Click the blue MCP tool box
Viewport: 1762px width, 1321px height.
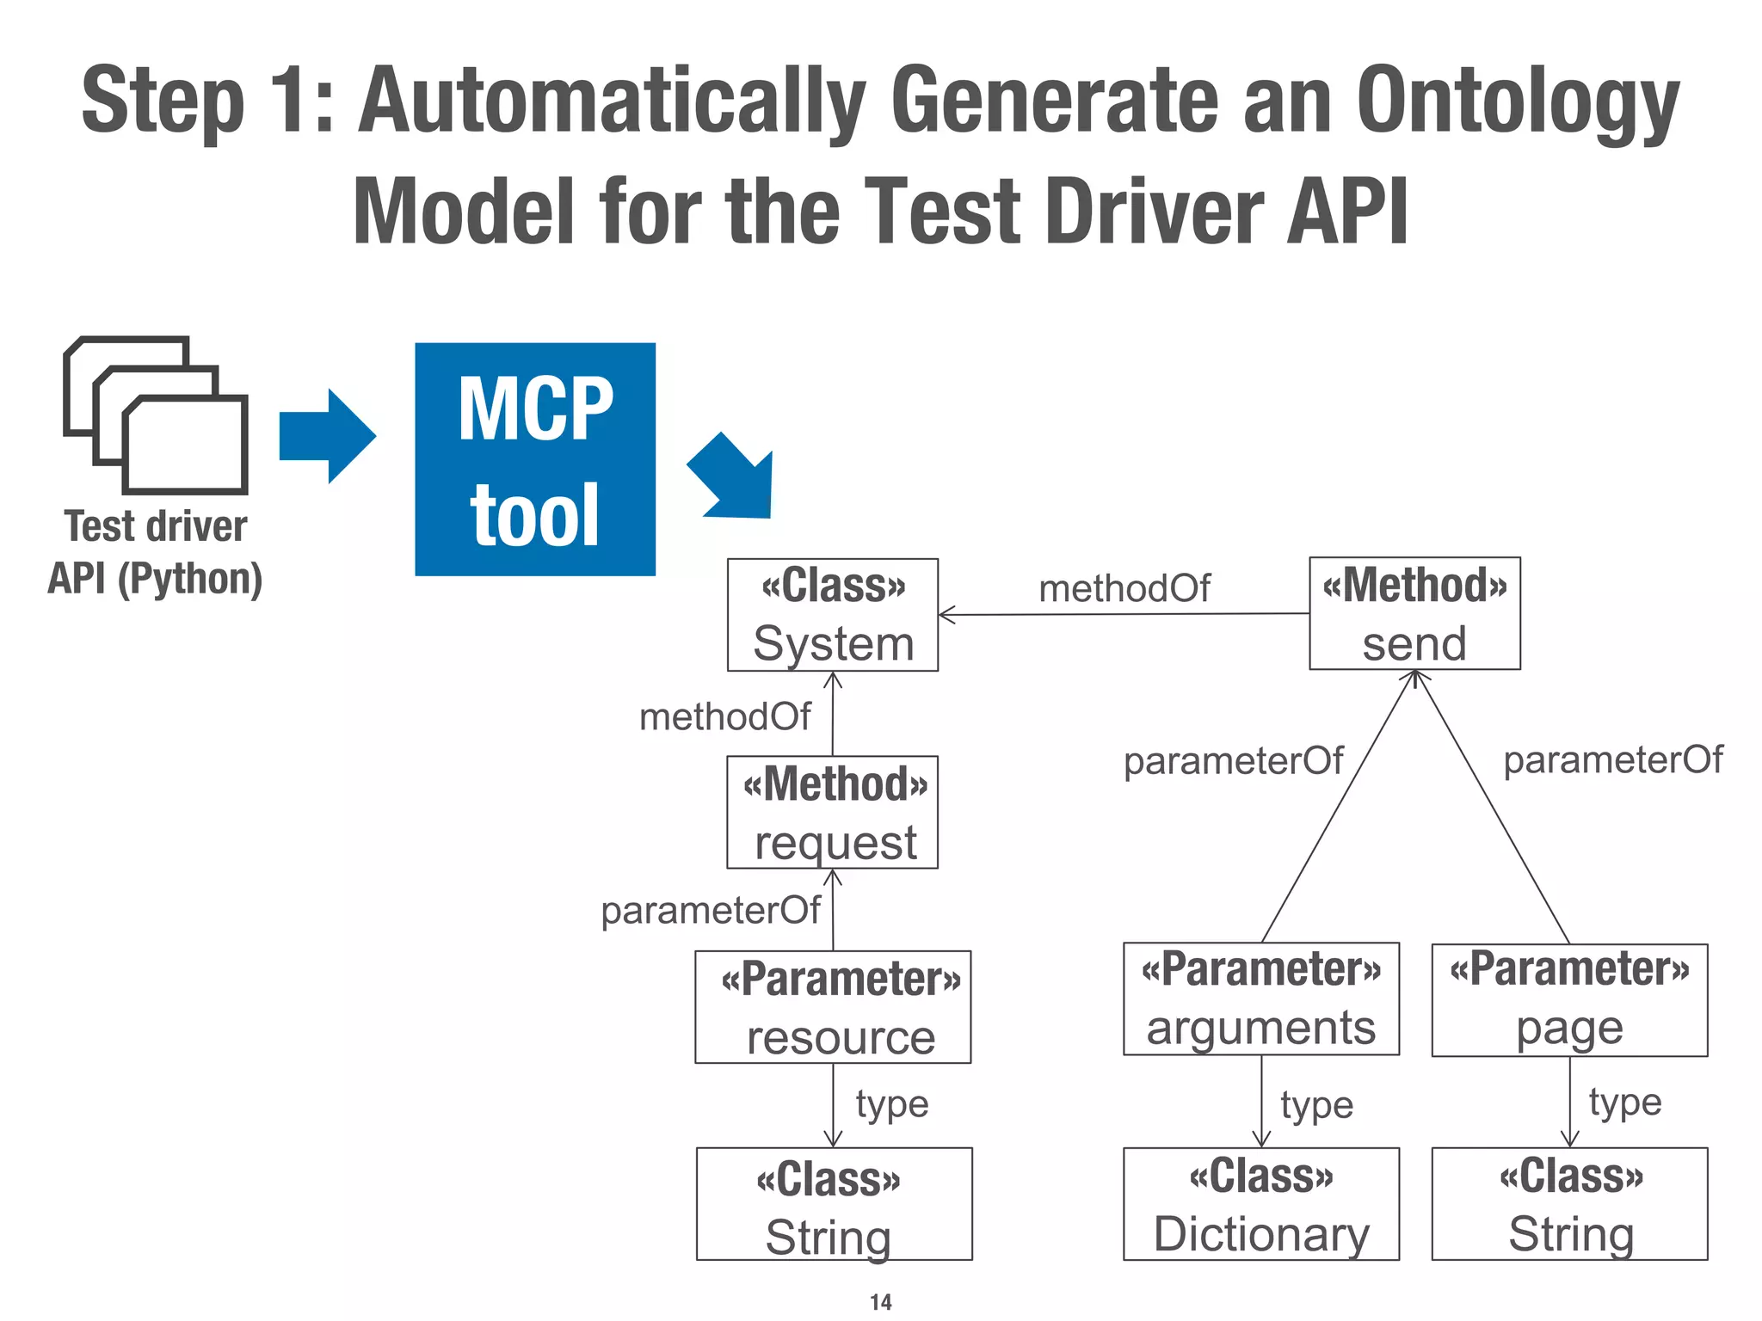pos(534,459)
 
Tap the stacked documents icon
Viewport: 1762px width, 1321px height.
pos(156,415)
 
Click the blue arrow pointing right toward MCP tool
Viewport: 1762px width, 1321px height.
pos(328,436)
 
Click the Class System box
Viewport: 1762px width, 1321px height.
pos(832,615)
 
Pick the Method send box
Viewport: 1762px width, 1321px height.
pos(1414,613)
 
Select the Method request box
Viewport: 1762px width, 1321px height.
pos(832,813)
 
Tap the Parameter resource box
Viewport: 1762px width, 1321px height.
pos(833,1007)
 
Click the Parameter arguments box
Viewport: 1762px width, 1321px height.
pos(1260,999)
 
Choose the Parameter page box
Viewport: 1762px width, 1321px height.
pos(1569,1000)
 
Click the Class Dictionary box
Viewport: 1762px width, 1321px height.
pos(1260,1204)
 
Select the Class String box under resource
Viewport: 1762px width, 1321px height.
pos(834,1204)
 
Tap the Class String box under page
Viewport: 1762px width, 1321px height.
pos(1569,1204)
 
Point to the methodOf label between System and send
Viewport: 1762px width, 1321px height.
pos(1124,589)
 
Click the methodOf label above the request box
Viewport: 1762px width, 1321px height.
pos(724,716)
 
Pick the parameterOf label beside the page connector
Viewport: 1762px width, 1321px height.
pos(1612,760)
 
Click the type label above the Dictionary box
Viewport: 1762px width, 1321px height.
pos(1316,1106)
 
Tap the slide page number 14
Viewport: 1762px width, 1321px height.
pos(881,1302)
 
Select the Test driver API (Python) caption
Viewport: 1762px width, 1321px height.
pos(156,552)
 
